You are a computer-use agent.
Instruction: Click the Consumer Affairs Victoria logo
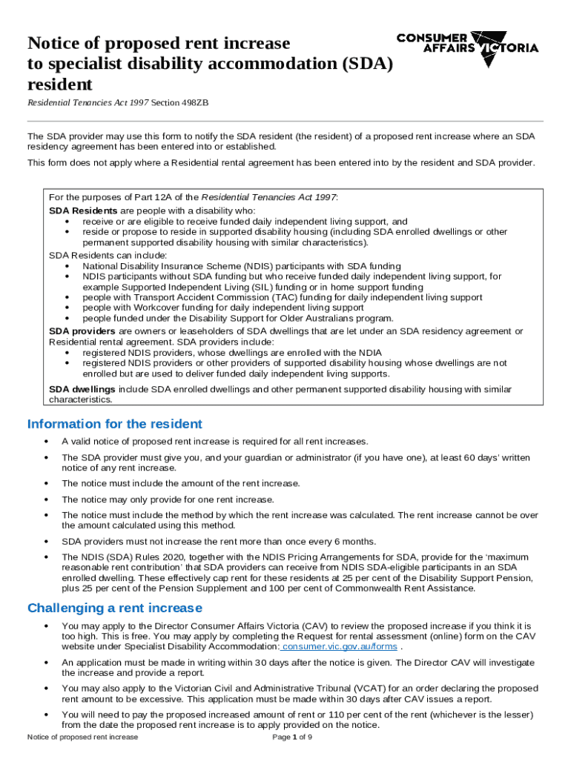(x=467, y=47)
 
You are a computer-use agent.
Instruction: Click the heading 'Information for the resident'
(x=114, y=425)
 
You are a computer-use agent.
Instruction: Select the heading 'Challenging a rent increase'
(x=114, y=609)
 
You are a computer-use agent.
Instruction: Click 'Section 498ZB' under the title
(x=179, y=102)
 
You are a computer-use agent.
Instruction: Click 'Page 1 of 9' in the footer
(x=293, y=738)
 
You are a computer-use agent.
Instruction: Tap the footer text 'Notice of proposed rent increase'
(x=82, y=738)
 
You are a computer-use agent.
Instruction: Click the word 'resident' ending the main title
(x=60, y=84)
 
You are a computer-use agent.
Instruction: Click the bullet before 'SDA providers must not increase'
(x=47, y=541)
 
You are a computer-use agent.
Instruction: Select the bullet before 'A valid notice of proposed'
(x=47, y=442)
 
